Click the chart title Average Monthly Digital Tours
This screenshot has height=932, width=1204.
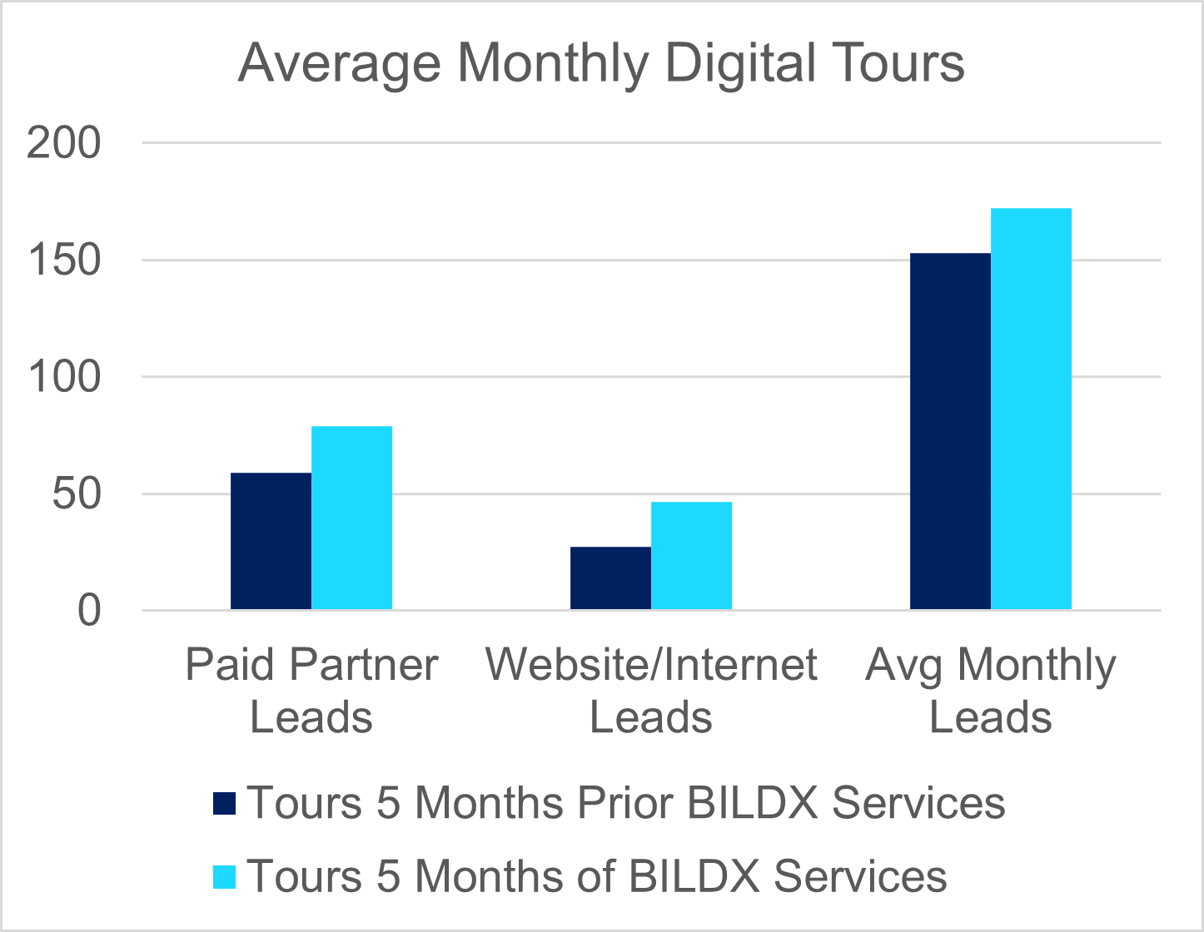(601, 63)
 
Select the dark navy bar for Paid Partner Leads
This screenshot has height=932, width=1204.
(271, 541)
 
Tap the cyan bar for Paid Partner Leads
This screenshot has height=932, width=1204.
(351, 518)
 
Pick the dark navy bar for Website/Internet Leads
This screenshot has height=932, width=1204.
(610, 578)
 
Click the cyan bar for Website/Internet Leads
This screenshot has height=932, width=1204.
(691, 555)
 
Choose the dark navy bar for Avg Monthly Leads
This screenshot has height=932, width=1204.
(950, 431)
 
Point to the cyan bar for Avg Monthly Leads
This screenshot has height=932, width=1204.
(1031, 409)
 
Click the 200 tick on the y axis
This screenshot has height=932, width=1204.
(63, 143)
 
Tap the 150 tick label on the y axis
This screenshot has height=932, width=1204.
(63, 260)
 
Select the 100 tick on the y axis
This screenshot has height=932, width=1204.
(63, 377)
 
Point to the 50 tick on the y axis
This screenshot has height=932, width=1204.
(76, 494)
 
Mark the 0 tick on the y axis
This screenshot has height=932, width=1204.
(89, 611)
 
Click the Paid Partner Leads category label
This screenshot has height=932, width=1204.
(311, 691)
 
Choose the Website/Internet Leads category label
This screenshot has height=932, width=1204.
(651, 691)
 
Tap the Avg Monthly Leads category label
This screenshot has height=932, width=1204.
(990, 691)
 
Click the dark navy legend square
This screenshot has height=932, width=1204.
(225, 803)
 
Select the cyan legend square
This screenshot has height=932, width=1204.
(225, 876)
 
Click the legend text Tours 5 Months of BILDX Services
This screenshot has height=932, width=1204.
(597, 876)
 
